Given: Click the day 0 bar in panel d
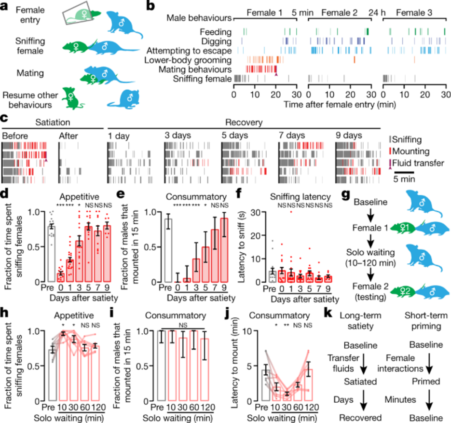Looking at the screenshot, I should [x=60, y=277].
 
